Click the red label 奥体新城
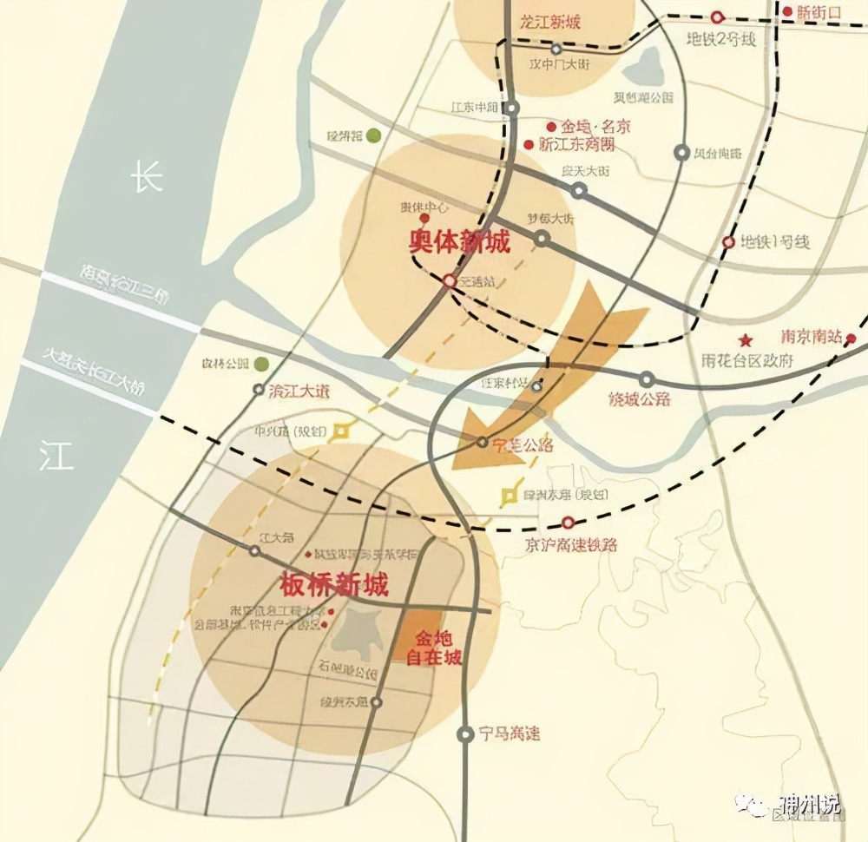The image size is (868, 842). [460, 242]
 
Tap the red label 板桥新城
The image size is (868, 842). [335, 584]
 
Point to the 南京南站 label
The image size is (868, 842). [811, 337]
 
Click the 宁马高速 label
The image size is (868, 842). [510, 734]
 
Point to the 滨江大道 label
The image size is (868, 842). [300, 391]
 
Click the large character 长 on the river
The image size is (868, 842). [146, 180]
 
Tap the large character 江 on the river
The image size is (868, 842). [56, 454]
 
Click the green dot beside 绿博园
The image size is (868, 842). [373, 135]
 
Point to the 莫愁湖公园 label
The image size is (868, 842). [644, 97]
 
